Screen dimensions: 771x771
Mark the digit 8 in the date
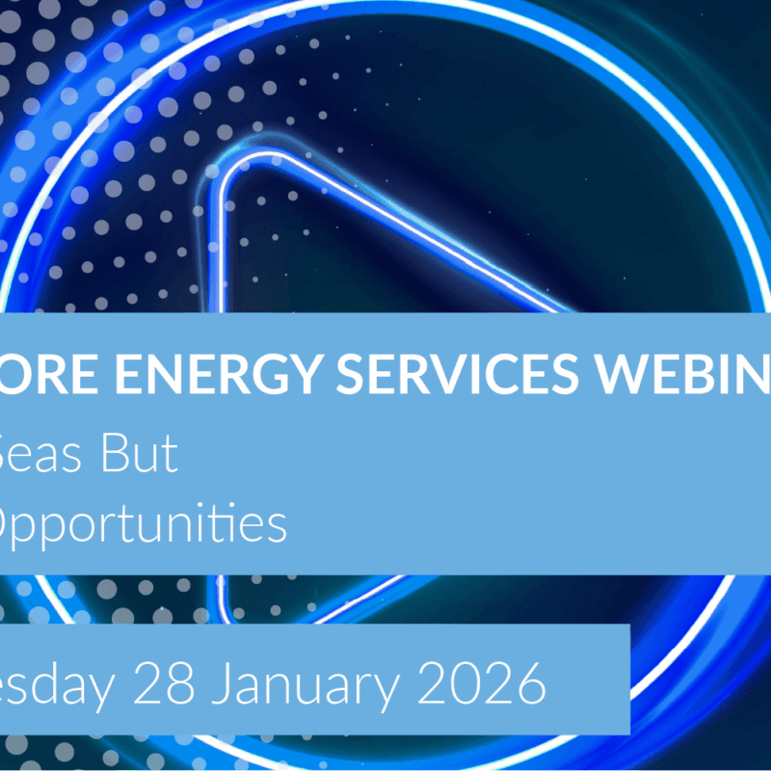[x=179, y=686]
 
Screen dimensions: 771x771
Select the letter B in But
[x=120, y=455]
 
